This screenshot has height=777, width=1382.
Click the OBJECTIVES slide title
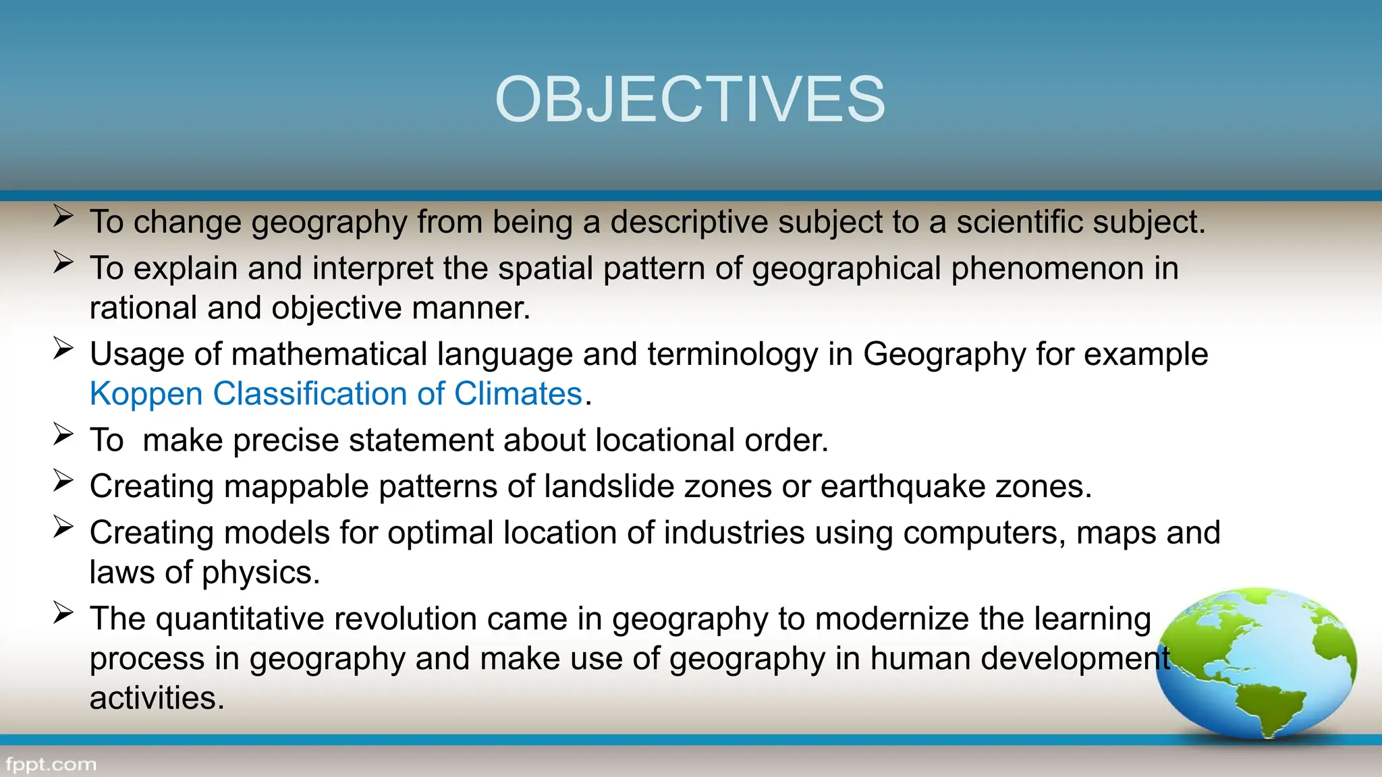[x=690, y=100]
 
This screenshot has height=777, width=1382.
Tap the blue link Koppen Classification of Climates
[x=335, y=394]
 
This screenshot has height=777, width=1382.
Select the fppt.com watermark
[x=51, y=765]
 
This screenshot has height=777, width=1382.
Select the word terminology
[x=732, y=355]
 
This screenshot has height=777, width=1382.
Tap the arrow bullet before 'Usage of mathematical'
[x=63, y=349]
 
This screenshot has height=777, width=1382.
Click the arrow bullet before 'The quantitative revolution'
[x=63, y=612]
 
